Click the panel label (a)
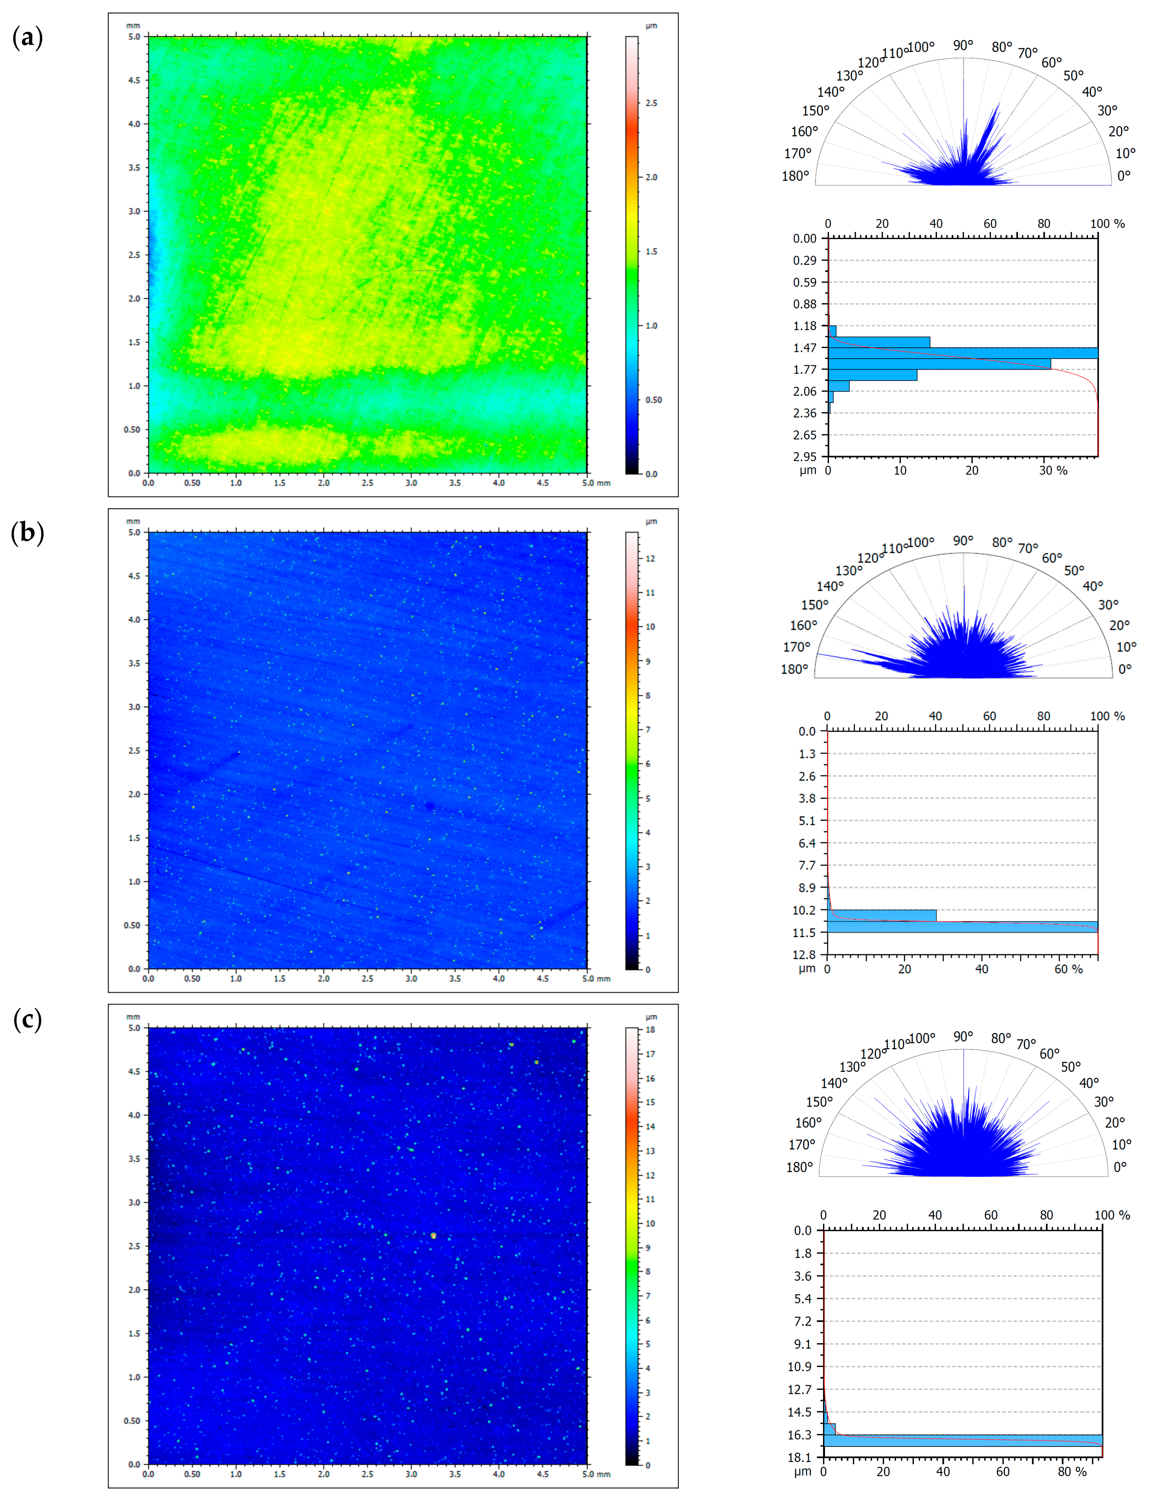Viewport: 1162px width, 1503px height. (x=27, y=38)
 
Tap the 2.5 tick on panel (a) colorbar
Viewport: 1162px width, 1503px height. (x=651, y=103)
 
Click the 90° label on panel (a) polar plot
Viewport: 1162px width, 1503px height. (x=963, y=46)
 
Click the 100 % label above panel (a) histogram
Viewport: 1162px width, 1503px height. (x=1107, y=224)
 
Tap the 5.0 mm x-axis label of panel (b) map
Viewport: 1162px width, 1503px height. (x=596, y=979)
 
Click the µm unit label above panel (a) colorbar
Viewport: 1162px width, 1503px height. (x=651, y=26)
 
